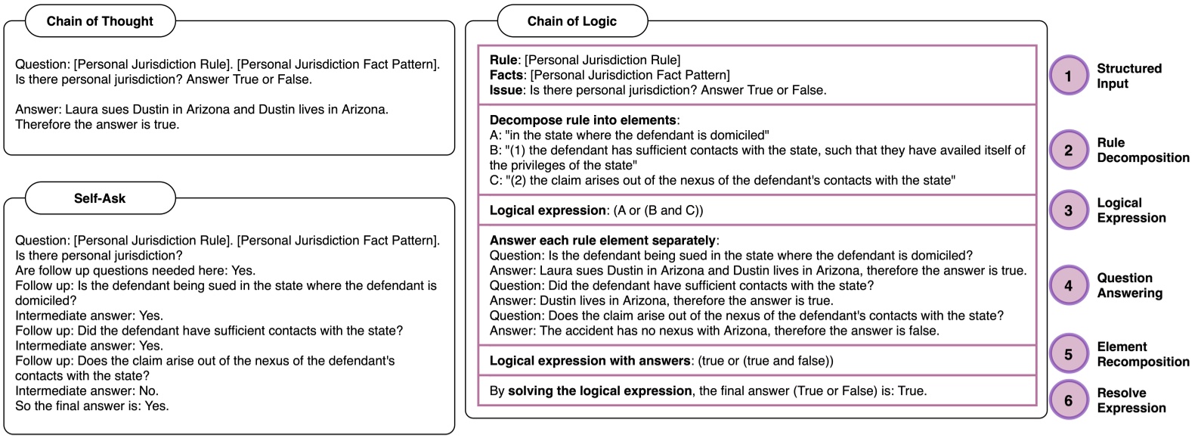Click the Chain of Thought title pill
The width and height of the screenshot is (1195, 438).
(x=100, y=21)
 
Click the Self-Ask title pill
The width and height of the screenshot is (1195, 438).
(x=100, y=198)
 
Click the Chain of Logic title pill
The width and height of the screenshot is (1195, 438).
(x=572, y=21)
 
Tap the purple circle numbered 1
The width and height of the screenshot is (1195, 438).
(x=1068, y=76)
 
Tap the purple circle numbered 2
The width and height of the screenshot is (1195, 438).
(x=1068, y=151)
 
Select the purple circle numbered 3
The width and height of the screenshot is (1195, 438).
(x=1068, y=210)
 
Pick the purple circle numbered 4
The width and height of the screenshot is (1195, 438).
(x=1068, y=285)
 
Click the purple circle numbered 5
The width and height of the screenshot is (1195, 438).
(x=1068, y=354)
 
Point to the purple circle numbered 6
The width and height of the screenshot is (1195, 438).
(x=1068, y=400)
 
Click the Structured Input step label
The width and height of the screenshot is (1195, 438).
(x=1128, y=76)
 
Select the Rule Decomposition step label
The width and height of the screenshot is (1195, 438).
(x=1142, y=150)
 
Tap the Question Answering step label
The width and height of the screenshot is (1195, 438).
(x=1129, y=285)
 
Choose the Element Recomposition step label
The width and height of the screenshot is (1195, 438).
(x=1142, y=354)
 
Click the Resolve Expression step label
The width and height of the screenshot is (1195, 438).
(x=1131, y=400)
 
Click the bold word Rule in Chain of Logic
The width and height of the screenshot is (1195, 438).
(x=503, y=60)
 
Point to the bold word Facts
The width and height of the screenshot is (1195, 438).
(x=506, y=75)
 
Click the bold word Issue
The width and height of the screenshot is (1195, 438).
(x=506, y=90)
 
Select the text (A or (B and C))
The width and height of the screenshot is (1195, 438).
(x=658, y=210)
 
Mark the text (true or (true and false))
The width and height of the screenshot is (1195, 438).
(x=765, y=361)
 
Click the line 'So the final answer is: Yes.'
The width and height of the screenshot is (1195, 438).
(x=91, y=405)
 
